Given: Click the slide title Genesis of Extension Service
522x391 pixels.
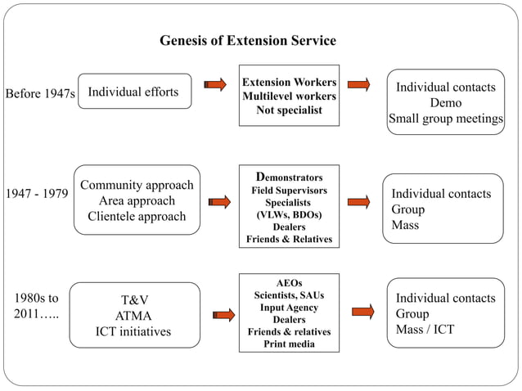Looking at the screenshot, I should click(x=247, y=41).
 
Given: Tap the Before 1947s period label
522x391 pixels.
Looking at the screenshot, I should click(x=40, y=94).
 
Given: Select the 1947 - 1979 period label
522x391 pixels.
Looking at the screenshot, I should click(x=37, y=195).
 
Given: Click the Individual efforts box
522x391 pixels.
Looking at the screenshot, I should click(x=133, y=92).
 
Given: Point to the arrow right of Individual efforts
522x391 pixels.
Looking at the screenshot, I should click(x=215, y=83).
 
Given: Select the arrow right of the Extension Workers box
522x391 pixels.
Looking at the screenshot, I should click(x=358, y=83).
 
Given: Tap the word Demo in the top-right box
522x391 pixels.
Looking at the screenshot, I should click(x=445, y=103).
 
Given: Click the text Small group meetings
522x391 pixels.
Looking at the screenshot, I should click(x=445, y=119).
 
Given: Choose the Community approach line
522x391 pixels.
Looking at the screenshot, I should click(x=137, y=185).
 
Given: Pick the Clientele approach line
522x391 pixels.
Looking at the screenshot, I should click(x=137, y=217).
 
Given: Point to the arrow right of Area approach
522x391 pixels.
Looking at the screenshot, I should click(x=219, y=201).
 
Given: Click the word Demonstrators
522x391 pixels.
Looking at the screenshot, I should click(x=289, y=177).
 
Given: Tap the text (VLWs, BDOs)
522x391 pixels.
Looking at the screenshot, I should click(x=289, y=214).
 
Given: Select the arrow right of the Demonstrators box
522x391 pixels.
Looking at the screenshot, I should click(x=358, y=201).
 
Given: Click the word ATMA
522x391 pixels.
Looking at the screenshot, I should click(x=133, y=316).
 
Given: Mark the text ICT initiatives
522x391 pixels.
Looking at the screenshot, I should click(x=133, y=332).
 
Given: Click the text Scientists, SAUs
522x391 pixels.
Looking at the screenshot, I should click(x=289, y=294).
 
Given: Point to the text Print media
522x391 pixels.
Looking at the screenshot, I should click(x=289, y=344).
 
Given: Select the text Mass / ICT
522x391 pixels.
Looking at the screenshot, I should click(x=425, y=330).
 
